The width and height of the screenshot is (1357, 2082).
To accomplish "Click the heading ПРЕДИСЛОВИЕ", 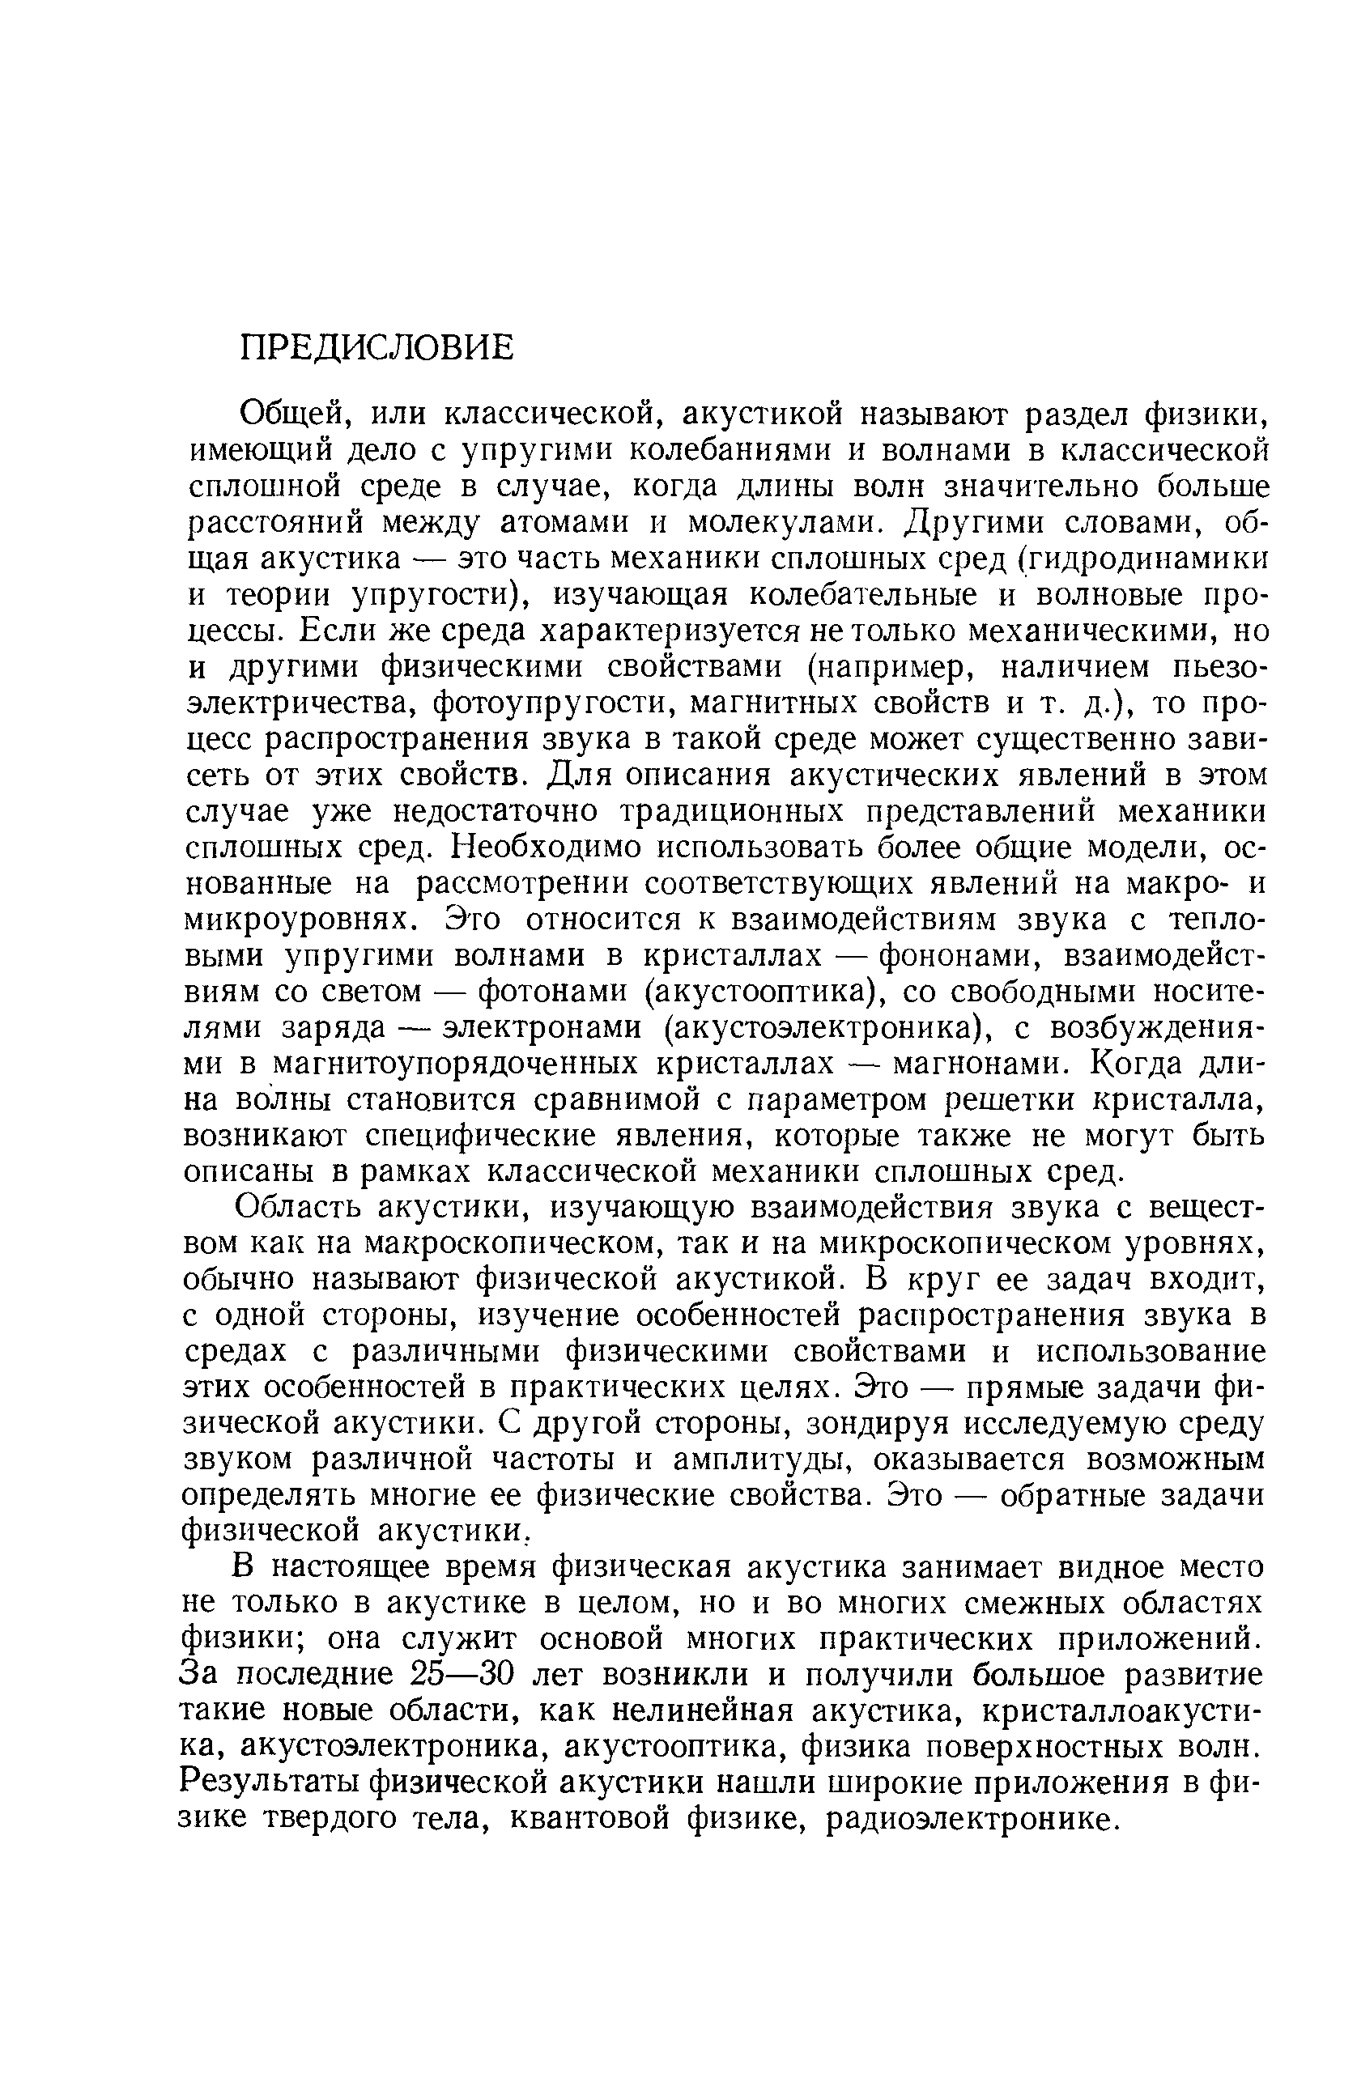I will click(377, 348).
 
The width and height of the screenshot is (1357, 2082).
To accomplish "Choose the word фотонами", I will click(555, 992).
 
